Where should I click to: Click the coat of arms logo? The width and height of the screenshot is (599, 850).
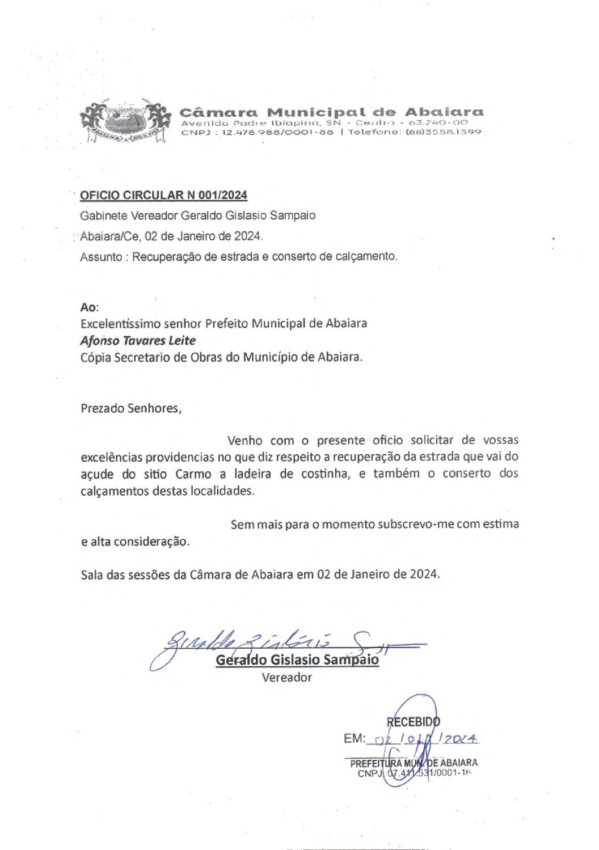pyautogui.click(x=125, y=121)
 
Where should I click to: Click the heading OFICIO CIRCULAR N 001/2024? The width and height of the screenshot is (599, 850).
pyautogui.click(x=163, y=196)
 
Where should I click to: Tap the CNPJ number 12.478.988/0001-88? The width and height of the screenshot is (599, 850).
pyautogui.click(x=277, y=132)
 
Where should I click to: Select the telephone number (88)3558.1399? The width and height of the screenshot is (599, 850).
pyautogui.click(x=443, y=132)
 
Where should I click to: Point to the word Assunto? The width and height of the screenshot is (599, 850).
pyautogui.click(x=101, y=257)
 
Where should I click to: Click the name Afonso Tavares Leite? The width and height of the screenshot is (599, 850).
pyautogui.click(x=138, y=341)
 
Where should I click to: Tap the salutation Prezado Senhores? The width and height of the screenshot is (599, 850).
pyautogui.click(x=131, y=408)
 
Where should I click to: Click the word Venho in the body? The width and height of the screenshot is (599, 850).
pyautogui.click(x=244, y=441)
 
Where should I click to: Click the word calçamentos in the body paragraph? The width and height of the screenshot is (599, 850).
pyautogui.click(x=114, y=491)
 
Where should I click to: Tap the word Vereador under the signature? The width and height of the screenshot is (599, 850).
pyautogui.click(x=286, y=677)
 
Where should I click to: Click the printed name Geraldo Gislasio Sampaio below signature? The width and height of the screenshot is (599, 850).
pyautogui.click(x=297, y=660)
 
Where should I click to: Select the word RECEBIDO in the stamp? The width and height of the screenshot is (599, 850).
pyautogui.click(x=413, y=722)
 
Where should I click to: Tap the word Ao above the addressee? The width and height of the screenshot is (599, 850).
pyautogui.click(x=88, y=307)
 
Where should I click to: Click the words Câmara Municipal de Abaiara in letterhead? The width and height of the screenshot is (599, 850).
pyautogui.click(x=331, y=112)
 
